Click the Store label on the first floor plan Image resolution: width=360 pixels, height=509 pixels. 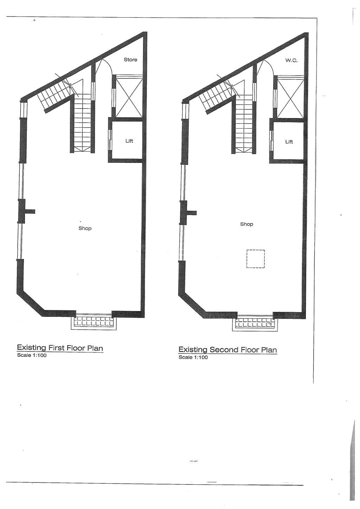point(130,59)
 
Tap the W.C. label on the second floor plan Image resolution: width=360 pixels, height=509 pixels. point(291,60)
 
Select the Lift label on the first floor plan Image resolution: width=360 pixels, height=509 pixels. point(129,141)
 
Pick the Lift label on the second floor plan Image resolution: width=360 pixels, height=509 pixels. point(289,142)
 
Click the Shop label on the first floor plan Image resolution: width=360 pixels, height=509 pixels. point(85,228)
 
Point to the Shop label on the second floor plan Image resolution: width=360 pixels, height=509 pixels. point(246,224)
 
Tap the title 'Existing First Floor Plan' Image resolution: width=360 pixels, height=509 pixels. point(60,348)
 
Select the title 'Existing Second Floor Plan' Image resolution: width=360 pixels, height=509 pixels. point(228,350)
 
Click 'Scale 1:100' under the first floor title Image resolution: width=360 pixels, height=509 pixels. point(32,355)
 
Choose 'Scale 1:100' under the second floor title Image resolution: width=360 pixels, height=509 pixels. point(193,357)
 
